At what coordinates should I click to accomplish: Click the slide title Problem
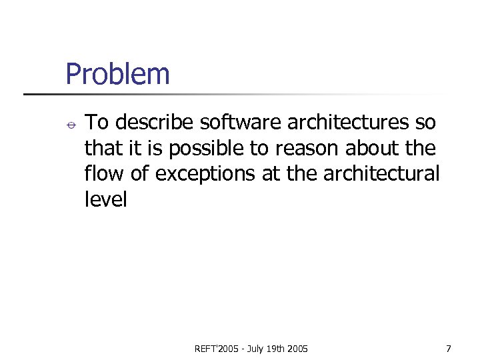tap(117, 74)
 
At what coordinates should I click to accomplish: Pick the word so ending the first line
tap(426, 123)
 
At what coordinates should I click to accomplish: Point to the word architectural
tap(381, 173)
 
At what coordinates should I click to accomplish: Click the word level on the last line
tap(105, 199)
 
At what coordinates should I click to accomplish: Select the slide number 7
tap(449, 349)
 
